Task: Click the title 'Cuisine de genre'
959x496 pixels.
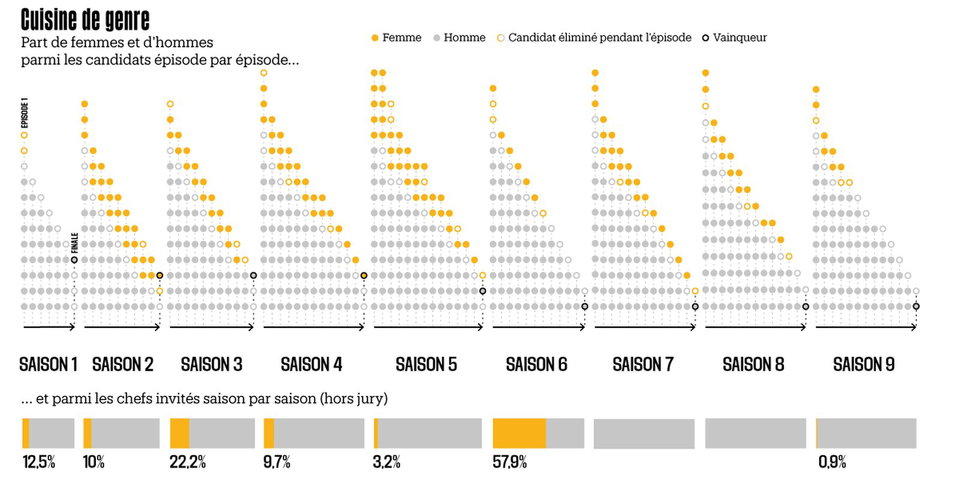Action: coord(85,20)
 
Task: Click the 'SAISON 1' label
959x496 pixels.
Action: coord(49,364)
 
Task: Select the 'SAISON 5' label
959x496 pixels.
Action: coord(426,364)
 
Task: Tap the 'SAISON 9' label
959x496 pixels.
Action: coord(864,364)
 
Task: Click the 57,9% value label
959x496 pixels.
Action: coord(509,462)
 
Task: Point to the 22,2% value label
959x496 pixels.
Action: coord(188,462)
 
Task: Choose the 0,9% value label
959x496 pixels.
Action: coord(832,462)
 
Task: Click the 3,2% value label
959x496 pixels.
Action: coord(387,462)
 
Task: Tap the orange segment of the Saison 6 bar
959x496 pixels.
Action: coord(519,433)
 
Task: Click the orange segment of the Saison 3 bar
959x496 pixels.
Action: coord(179,433)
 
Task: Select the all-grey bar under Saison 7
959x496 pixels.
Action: coord(644,434)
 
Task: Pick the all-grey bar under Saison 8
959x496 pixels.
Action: coord(755,433)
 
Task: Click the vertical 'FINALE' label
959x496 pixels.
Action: coord(75,243)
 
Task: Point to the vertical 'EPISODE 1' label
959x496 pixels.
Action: coord(25,113)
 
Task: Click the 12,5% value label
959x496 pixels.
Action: coord(39,462)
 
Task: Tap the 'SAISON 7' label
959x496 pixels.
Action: coord(643,364)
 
